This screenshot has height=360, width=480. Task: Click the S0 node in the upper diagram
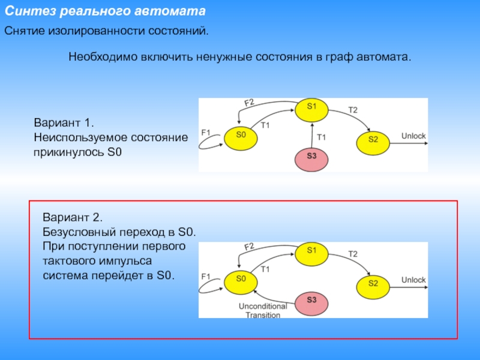coord(241,136)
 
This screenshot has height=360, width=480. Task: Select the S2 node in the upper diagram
coord(373,140)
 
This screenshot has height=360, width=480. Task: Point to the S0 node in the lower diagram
coord(241,279)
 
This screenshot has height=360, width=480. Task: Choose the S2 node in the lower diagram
coord(373,283)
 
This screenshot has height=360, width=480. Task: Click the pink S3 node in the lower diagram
coord(311,300)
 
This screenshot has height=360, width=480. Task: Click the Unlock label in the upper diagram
coord(413,136)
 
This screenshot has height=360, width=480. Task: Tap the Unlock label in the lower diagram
coord(413,280)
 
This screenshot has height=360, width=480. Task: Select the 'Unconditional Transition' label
coord(263,311)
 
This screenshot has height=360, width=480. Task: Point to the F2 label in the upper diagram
coord(248,103)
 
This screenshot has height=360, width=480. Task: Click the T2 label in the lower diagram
coord(353,254)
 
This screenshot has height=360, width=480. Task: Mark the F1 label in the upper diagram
coord(206,132)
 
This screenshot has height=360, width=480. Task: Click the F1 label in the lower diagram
coord(206,276)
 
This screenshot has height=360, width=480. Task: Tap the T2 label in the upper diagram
coord(353,110)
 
